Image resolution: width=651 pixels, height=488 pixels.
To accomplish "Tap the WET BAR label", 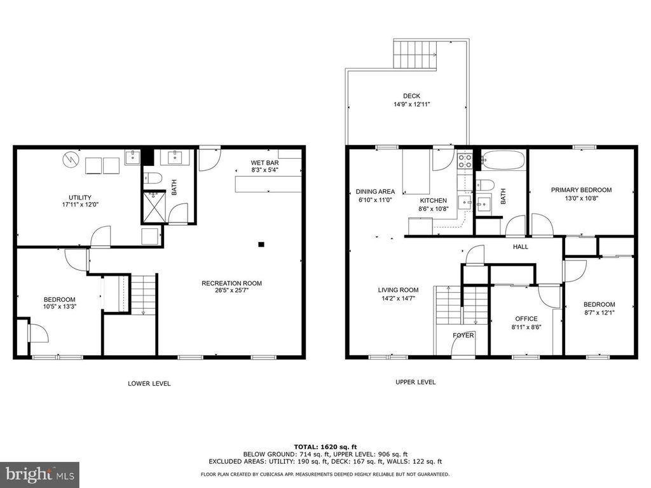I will [x=264, y=163].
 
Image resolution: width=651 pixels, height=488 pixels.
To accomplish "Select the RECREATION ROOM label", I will [x=231, y=283].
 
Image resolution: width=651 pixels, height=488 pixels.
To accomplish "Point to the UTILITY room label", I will [x=80, y=197].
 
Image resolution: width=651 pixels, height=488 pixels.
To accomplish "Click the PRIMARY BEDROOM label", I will [x=581, y=190].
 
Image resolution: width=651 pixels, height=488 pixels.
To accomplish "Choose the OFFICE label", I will [x=526, y=319].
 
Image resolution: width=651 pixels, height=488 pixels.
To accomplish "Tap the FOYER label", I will [x=463, y=335].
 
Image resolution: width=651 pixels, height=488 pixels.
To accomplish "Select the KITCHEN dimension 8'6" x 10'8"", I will [x=432, y=208].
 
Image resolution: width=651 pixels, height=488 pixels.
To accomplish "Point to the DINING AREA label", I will [x=375, y=191].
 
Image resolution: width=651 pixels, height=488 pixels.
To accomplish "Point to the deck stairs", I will [x=416, y=55].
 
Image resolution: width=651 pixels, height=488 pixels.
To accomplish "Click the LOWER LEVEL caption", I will [x=149, y=383].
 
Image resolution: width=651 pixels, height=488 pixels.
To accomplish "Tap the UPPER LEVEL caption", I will [x=415, y=382].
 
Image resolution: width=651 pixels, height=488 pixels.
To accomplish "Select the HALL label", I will [x=521, y=247].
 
